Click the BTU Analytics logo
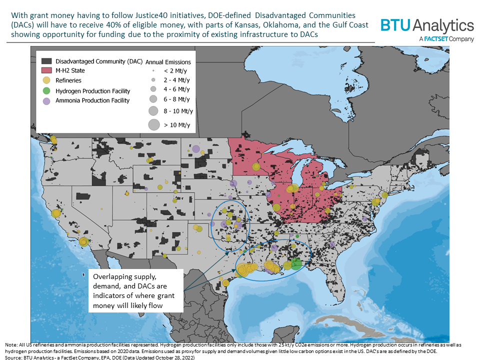click(x=427, y=26)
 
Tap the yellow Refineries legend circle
click(x=46, y=80)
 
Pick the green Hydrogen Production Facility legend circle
click(x=46, y=90)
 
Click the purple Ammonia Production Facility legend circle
click(x=46, y=100)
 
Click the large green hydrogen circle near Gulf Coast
click(x=296, y=264)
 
